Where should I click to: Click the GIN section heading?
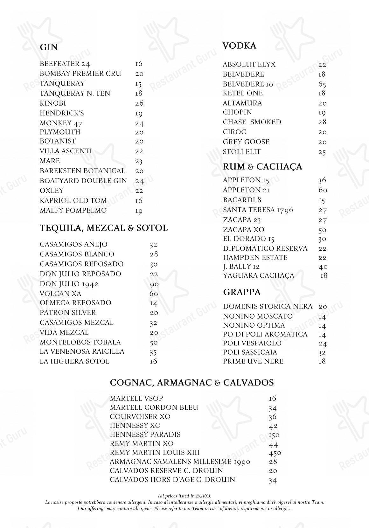(x=49, y=47)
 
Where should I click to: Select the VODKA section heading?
(x=239, y=46)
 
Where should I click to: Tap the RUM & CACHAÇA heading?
(x=262, y=167)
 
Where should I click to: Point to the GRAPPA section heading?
(x=242, y=292)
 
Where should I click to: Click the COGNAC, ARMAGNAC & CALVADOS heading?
(x=191, y=382)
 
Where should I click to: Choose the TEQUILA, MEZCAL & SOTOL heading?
(x=104, y=228)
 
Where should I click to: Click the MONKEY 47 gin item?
(x=61, y=123)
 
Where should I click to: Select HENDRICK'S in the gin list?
(x=62, y=113)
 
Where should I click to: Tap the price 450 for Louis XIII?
(x=275, y=453)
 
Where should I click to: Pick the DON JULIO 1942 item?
(x=69, y=284)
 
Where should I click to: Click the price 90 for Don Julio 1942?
(x=154, y=284)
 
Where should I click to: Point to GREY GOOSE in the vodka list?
(x=246, y=142)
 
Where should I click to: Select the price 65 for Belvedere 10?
(x=322, y=84)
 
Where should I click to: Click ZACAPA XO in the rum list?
(x=243, y=230)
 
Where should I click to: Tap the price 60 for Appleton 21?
(x=323, y=190)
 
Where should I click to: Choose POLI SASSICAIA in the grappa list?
(x=250, y=352)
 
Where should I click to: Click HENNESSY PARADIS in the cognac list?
(x=145, y=434)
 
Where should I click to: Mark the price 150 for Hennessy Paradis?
(x=274, y=435)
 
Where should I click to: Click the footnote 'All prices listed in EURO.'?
(x=184, y=496)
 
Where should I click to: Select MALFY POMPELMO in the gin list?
(x=73, y=211)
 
